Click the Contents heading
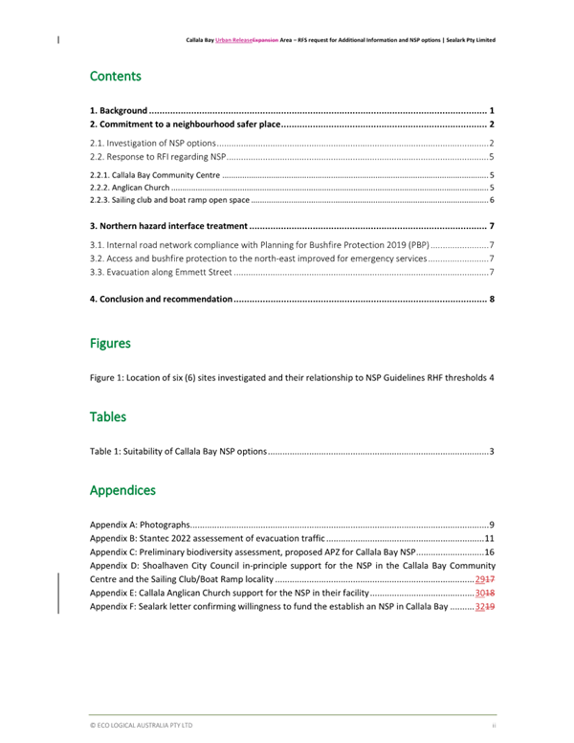[x=115, y=76]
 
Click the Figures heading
[x=110, y=343]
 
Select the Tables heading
[x=107, y=417]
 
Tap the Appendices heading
[x=122, y=490]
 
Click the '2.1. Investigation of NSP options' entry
[x=152, y=143]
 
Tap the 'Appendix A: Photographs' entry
[x=140, y=525]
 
